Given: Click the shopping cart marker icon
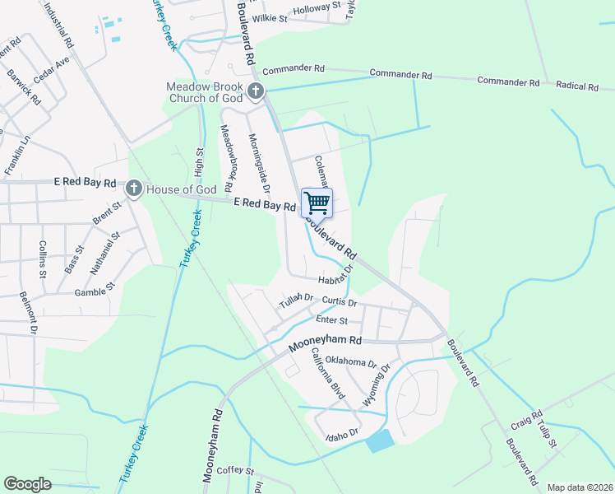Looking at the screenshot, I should (317, 203).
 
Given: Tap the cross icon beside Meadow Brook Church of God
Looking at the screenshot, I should (256, 91).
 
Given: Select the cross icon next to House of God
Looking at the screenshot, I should (133, 189).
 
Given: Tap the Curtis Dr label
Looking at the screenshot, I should (338, 301).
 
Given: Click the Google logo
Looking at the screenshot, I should (28, 484).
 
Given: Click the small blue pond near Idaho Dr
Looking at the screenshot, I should (380, 441).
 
